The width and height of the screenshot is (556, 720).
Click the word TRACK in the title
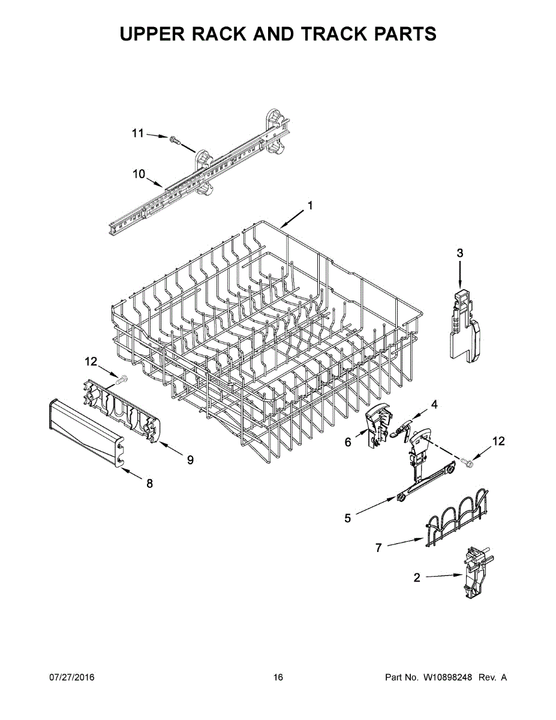[335, 34]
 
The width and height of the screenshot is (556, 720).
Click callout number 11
[138, 133]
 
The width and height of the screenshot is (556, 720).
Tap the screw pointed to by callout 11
[175, 141]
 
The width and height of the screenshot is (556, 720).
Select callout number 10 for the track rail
[139, 174]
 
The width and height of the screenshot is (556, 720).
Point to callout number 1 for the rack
[310, 205]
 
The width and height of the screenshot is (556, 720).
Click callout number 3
[459, 253]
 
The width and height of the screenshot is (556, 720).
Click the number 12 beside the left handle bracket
[91, 361]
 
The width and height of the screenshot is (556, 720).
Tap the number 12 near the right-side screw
[498, 442]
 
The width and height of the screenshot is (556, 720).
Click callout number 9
[190, 460]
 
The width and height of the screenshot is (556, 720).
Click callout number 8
[149, 484]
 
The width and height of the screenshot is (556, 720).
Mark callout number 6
[348, 442]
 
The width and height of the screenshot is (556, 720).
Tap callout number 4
[434, 404]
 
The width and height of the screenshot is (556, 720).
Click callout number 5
[348, 518]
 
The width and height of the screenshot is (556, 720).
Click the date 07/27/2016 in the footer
[71, 677]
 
